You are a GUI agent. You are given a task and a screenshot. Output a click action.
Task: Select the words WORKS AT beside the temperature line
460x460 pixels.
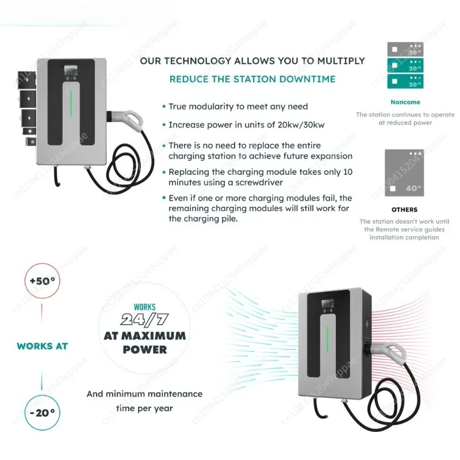(x=42, y=346)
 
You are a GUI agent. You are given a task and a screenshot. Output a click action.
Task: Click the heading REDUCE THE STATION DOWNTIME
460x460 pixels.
(x=252, y=79)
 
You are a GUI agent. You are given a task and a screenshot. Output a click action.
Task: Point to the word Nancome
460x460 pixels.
(x=405, y=102)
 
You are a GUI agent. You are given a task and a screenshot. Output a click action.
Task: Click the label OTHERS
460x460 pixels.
(x=405, y=209)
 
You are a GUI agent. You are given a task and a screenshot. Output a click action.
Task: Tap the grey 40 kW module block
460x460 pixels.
(x=405, y=173)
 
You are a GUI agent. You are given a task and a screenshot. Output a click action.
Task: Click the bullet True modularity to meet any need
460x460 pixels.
(x=237, y=106)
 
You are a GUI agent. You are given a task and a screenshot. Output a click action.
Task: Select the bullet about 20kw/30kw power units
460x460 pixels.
(x=241, y=124)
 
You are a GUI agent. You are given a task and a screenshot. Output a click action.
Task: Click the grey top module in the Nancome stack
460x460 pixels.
(x=405, y=49)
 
